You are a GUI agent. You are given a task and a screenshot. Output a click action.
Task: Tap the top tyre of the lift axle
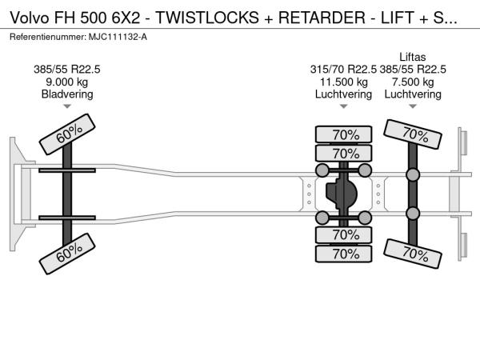pos(414,134)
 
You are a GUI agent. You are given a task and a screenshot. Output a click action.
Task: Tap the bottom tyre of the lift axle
pos(414,252)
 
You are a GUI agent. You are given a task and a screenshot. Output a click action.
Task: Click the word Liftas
pos(414,56)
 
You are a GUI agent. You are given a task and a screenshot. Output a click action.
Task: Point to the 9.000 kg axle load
pos(67,82)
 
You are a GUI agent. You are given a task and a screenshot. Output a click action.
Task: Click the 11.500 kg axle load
pos(343,82)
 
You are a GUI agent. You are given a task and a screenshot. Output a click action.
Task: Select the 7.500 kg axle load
pos(414,82)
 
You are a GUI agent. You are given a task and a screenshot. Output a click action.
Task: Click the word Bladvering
pos(67,94)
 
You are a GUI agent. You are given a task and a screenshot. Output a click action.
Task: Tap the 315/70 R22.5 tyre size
pos(343,69)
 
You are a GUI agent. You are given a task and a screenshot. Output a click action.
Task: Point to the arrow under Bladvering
pos(67,106)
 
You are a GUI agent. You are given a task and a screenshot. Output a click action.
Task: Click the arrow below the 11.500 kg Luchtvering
pos(343,106)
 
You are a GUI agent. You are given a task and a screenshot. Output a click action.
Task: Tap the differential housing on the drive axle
pos(343,193)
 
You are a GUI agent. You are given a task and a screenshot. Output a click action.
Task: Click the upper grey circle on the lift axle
pos(414,174)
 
